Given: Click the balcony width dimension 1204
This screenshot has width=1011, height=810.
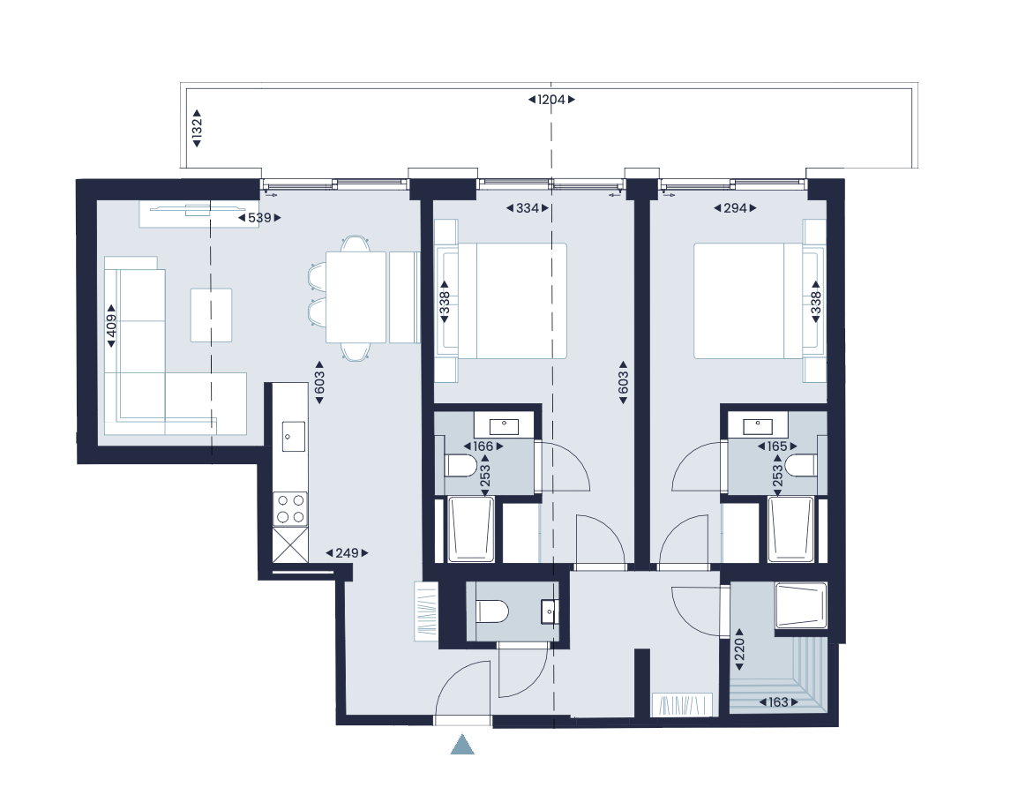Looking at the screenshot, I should pos(551,100).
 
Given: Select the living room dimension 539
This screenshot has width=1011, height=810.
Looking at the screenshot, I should pos(259,217).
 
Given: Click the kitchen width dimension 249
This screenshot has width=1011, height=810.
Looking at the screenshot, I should pos(347,553).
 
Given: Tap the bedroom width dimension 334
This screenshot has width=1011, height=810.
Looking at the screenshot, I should pos(528,209).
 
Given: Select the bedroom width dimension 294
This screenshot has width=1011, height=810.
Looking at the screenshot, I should pos(735,209).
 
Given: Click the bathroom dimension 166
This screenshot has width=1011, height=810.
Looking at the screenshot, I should pos(483,446).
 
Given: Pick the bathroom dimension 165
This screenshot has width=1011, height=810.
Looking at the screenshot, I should pos(776,446).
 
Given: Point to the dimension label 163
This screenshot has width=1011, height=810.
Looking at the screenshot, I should pos(777,703).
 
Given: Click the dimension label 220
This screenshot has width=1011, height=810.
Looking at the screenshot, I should pos(739,651).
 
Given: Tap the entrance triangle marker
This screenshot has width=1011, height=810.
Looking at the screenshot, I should pos(462,744).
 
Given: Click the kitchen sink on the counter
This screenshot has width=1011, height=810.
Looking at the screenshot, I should pos(293,434).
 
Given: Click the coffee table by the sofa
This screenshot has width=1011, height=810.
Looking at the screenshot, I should pos(212,315).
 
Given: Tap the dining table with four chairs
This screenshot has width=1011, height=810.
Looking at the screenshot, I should pos(356,296).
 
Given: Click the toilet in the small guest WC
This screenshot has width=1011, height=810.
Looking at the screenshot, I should pos(492,611).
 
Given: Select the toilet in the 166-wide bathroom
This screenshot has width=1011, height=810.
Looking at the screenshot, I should pos(459,465).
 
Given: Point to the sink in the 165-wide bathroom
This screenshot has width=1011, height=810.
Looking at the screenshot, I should pos(759,426).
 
